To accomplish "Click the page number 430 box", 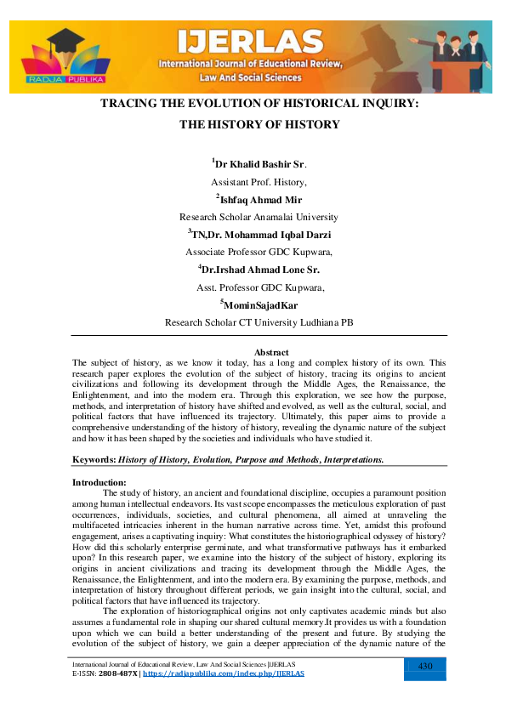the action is click(427, 667).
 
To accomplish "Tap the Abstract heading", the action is click(271, 352).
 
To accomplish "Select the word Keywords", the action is click(93, 459).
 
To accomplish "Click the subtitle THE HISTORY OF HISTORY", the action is click(259, 124).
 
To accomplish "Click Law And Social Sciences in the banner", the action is click(251, 77).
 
